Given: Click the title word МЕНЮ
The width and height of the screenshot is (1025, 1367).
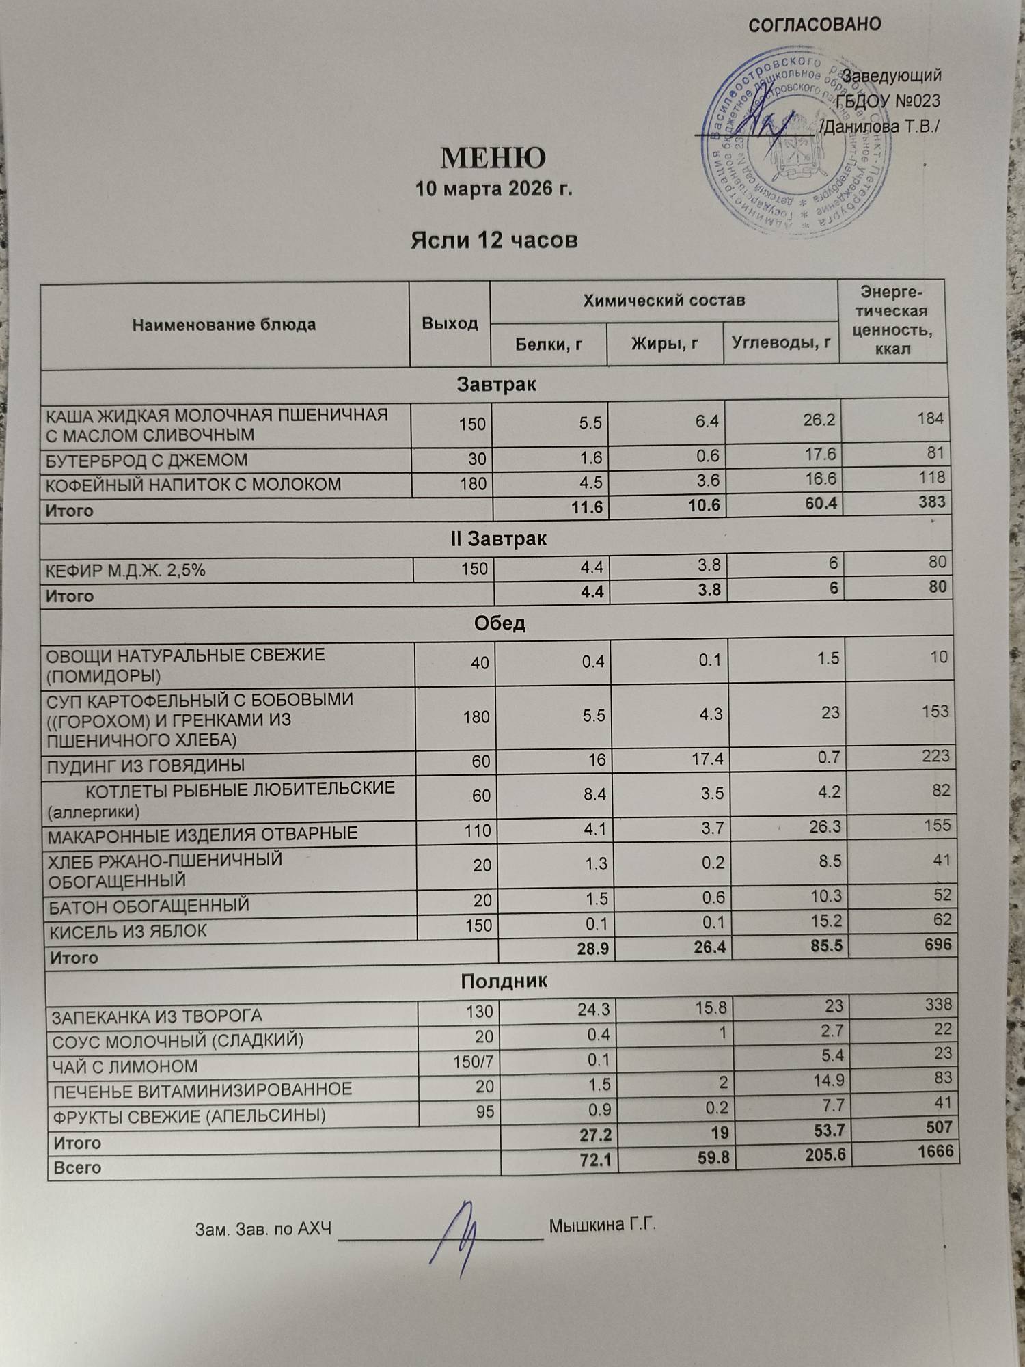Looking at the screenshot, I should [x=493, y=158].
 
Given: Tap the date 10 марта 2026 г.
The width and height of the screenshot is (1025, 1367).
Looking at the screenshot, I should [x=493, y=189].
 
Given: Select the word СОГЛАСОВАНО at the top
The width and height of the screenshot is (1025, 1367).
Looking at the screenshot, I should [x=815, y=25].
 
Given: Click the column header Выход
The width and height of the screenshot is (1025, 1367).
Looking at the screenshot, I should [x=450, y=323].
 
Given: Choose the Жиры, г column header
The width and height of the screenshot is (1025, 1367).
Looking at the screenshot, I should [x=664, y=343].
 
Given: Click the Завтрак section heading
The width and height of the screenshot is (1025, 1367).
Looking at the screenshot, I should [x=496, y=385].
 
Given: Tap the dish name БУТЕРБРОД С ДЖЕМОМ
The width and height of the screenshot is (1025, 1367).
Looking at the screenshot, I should [x=146, y=460].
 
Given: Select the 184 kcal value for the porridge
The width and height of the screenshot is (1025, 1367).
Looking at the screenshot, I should [x=930, y=418].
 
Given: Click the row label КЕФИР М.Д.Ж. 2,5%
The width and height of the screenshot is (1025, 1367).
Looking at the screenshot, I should [x=125, y=569].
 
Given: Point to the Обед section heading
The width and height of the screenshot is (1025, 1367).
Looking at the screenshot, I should [x=500, y=623].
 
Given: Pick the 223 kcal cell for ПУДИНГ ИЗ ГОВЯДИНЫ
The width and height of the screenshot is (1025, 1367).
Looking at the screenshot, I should [x=935, y=756].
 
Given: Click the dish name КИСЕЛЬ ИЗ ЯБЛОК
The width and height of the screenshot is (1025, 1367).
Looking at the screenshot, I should [x=127, y=931].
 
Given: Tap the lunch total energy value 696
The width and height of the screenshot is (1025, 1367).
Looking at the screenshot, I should [x=938, y=944].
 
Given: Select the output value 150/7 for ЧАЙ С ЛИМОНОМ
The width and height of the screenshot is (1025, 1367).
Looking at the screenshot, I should [x=473, y=1061].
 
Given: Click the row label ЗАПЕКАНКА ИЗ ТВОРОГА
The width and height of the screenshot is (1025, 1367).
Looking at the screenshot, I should [x=157, y=1016].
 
